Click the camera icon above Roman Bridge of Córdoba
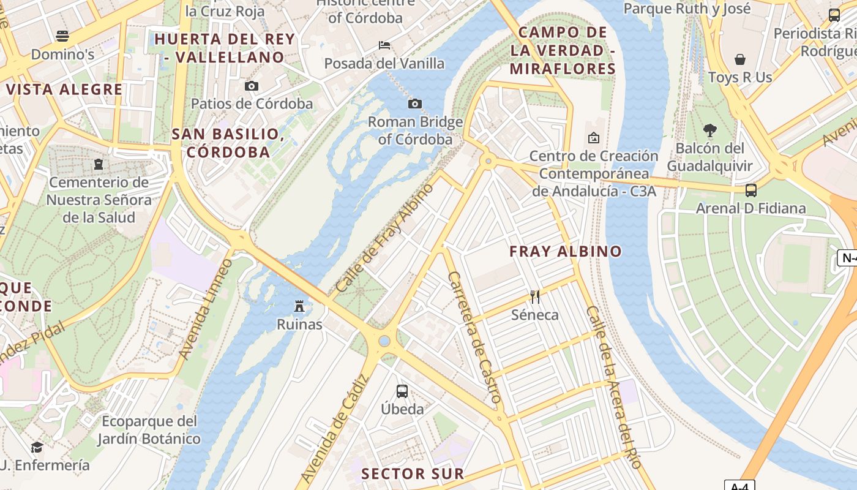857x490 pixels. pos(415,104)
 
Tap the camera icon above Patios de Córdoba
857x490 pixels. pos(252,86)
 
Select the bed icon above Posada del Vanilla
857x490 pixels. pos(384,45)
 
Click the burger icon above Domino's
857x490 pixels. pos(62,36)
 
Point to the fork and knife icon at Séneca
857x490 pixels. pos(535,297)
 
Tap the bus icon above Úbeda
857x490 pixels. pos(402,391)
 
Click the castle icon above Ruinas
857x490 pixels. pos(299,306)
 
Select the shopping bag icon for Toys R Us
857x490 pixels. pos(740,59)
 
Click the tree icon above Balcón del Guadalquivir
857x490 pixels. pos(710,130)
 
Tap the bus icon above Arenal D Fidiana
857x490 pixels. pos(751,190)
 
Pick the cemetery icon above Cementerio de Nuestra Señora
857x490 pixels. pos(99,164)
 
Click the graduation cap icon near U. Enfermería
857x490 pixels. pos(37,447)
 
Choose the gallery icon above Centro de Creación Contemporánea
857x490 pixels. pos(593,138)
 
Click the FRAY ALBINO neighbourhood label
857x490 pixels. pos(566,251)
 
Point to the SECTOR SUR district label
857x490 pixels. pos(413,473)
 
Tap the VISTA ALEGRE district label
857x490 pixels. pos(64,89)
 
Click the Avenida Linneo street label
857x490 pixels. pos(206,309)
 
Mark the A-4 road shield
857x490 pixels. pos(739,486)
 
